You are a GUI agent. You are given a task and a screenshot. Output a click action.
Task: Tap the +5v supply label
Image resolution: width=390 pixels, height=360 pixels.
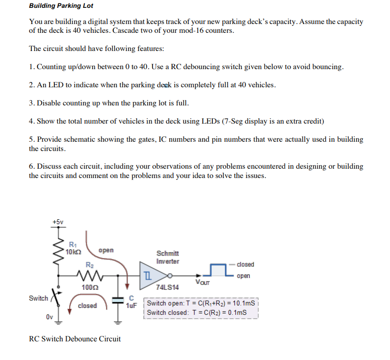[58, 222]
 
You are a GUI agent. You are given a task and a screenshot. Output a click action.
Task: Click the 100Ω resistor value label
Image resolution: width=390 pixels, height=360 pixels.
[87, 286]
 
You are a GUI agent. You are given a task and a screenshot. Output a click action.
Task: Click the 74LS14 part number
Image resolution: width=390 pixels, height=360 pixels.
[167, 287]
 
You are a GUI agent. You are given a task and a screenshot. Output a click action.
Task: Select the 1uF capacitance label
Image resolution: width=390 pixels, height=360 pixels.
[131, 305]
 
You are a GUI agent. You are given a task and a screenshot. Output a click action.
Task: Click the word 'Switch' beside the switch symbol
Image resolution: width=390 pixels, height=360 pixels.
[38, 298]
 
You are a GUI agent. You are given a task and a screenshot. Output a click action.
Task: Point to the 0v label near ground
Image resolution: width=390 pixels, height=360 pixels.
[50, 316]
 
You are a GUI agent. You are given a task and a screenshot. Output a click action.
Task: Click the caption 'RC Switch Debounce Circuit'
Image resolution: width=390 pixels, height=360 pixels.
[75, 338]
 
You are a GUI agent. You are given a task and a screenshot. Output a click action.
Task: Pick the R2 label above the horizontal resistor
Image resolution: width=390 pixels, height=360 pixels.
[89, 264]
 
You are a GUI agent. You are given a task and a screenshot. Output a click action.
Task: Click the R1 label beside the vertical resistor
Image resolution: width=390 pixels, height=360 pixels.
[73, 244]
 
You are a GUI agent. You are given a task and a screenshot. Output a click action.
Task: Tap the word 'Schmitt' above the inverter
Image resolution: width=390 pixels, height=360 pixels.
[168, 253]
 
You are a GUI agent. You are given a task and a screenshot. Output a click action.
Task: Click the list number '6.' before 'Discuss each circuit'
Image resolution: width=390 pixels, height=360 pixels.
[32, 166]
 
